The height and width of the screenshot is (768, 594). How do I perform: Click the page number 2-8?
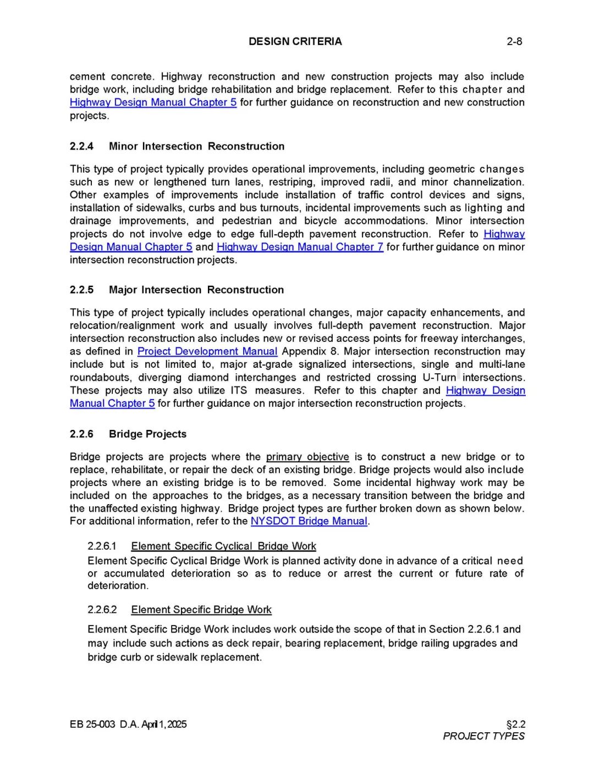coord(514,41)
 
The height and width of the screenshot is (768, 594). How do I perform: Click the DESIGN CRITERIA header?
coord(295,41)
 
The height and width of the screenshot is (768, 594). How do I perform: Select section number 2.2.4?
coord(81,146)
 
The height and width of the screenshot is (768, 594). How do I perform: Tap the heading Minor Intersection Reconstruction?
coord(196,146)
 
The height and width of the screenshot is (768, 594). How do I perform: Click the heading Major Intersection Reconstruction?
coord(196,290)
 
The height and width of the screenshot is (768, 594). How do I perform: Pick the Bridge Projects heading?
coord(147,434)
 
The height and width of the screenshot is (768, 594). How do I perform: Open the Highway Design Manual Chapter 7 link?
coord(300,247)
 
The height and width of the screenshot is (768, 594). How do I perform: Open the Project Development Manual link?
coord(207,351)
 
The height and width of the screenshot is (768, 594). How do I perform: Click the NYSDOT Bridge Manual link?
coord(309,521)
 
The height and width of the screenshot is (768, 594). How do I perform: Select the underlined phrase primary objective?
coord(307,457)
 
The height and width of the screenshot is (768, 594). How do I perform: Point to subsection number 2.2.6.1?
coord(102,546)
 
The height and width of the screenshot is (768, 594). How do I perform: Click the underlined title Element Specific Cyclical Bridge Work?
coord(223,546)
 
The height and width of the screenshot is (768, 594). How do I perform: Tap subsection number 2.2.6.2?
coord(102,610)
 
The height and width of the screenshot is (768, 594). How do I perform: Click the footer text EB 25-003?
coord(92,724)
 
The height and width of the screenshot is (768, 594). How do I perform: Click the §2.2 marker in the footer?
coord(515,724)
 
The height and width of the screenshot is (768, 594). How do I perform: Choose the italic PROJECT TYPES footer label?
coord(483,736)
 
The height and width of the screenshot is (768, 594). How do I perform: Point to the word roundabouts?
coord(101,378)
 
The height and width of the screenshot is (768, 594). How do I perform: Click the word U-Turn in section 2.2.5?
coord(439,378)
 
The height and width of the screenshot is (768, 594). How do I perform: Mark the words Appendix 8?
coord(310,351)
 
